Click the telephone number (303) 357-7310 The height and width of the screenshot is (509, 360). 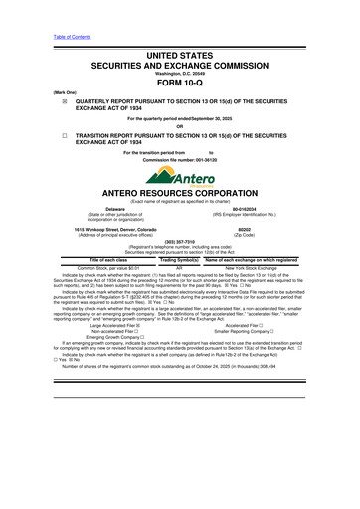(180, 244)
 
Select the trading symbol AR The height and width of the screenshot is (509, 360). (180, 267)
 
